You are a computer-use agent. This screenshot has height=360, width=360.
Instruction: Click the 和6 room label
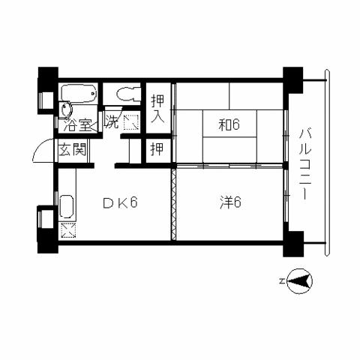click(x=229, y=124)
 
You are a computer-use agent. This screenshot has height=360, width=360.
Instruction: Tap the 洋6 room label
click(x=230, y=202)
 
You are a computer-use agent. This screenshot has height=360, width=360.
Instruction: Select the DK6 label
click(x=120, y=202)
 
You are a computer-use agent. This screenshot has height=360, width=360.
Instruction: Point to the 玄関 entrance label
click(x=73, y=149)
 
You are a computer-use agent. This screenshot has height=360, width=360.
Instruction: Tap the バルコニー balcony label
click(x=305, y=163)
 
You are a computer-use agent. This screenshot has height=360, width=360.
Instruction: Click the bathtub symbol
click(x=79, y=93)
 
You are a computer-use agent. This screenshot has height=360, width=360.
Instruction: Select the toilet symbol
click(x=129, y=94)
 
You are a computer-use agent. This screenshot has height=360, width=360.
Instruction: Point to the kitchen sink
click(x=67, y=206)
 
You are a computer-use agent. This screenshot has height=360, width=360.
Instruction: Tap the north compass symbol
click(x=299, y=281)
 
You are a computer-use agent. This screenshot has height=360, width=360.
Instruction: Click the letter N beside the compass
click(x=282, y=281)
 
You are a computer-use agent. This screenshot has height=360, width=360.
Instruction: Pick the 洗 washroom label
click(x=112, y=121)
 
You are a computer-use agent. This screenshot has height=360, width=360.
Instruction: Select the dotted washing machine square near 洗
click(x=131, y=122)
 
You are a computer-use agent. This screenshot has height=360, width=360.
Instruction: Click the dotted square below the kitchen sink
click(x=68, y=230)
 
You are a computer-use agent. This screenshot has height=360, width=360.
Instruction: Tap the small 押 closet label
click(x=157, y=149)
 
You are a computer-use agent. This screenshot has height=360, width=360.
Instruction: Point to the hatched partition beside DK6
click(x=173, y=204)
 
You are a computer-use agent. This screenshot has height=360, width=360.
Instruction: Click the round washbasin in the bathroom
click(x=66, y=109)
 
